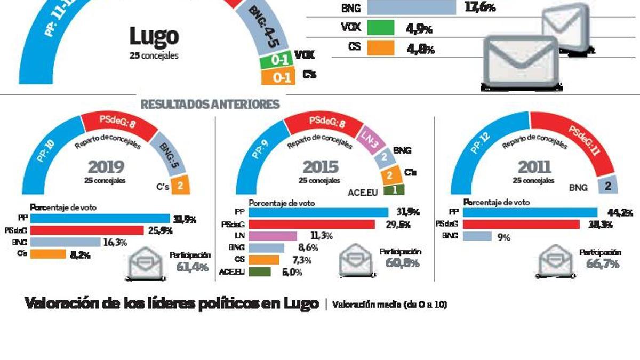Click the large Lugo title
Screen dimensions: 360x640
pyautogui.click(x=154, y=37)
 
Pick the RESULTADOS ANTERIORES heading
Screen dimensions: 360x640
pyautogui.click(x=210, y=104)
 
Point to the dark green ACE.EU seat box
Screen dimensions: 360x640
pyautogui.click(x=398, y=190)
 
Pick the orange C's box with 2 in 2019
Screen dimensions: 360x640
pyautogui.click(x=180, y=186)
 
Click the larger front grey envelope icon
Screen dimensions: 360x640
pyautogui.click(x=521, y=63)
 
